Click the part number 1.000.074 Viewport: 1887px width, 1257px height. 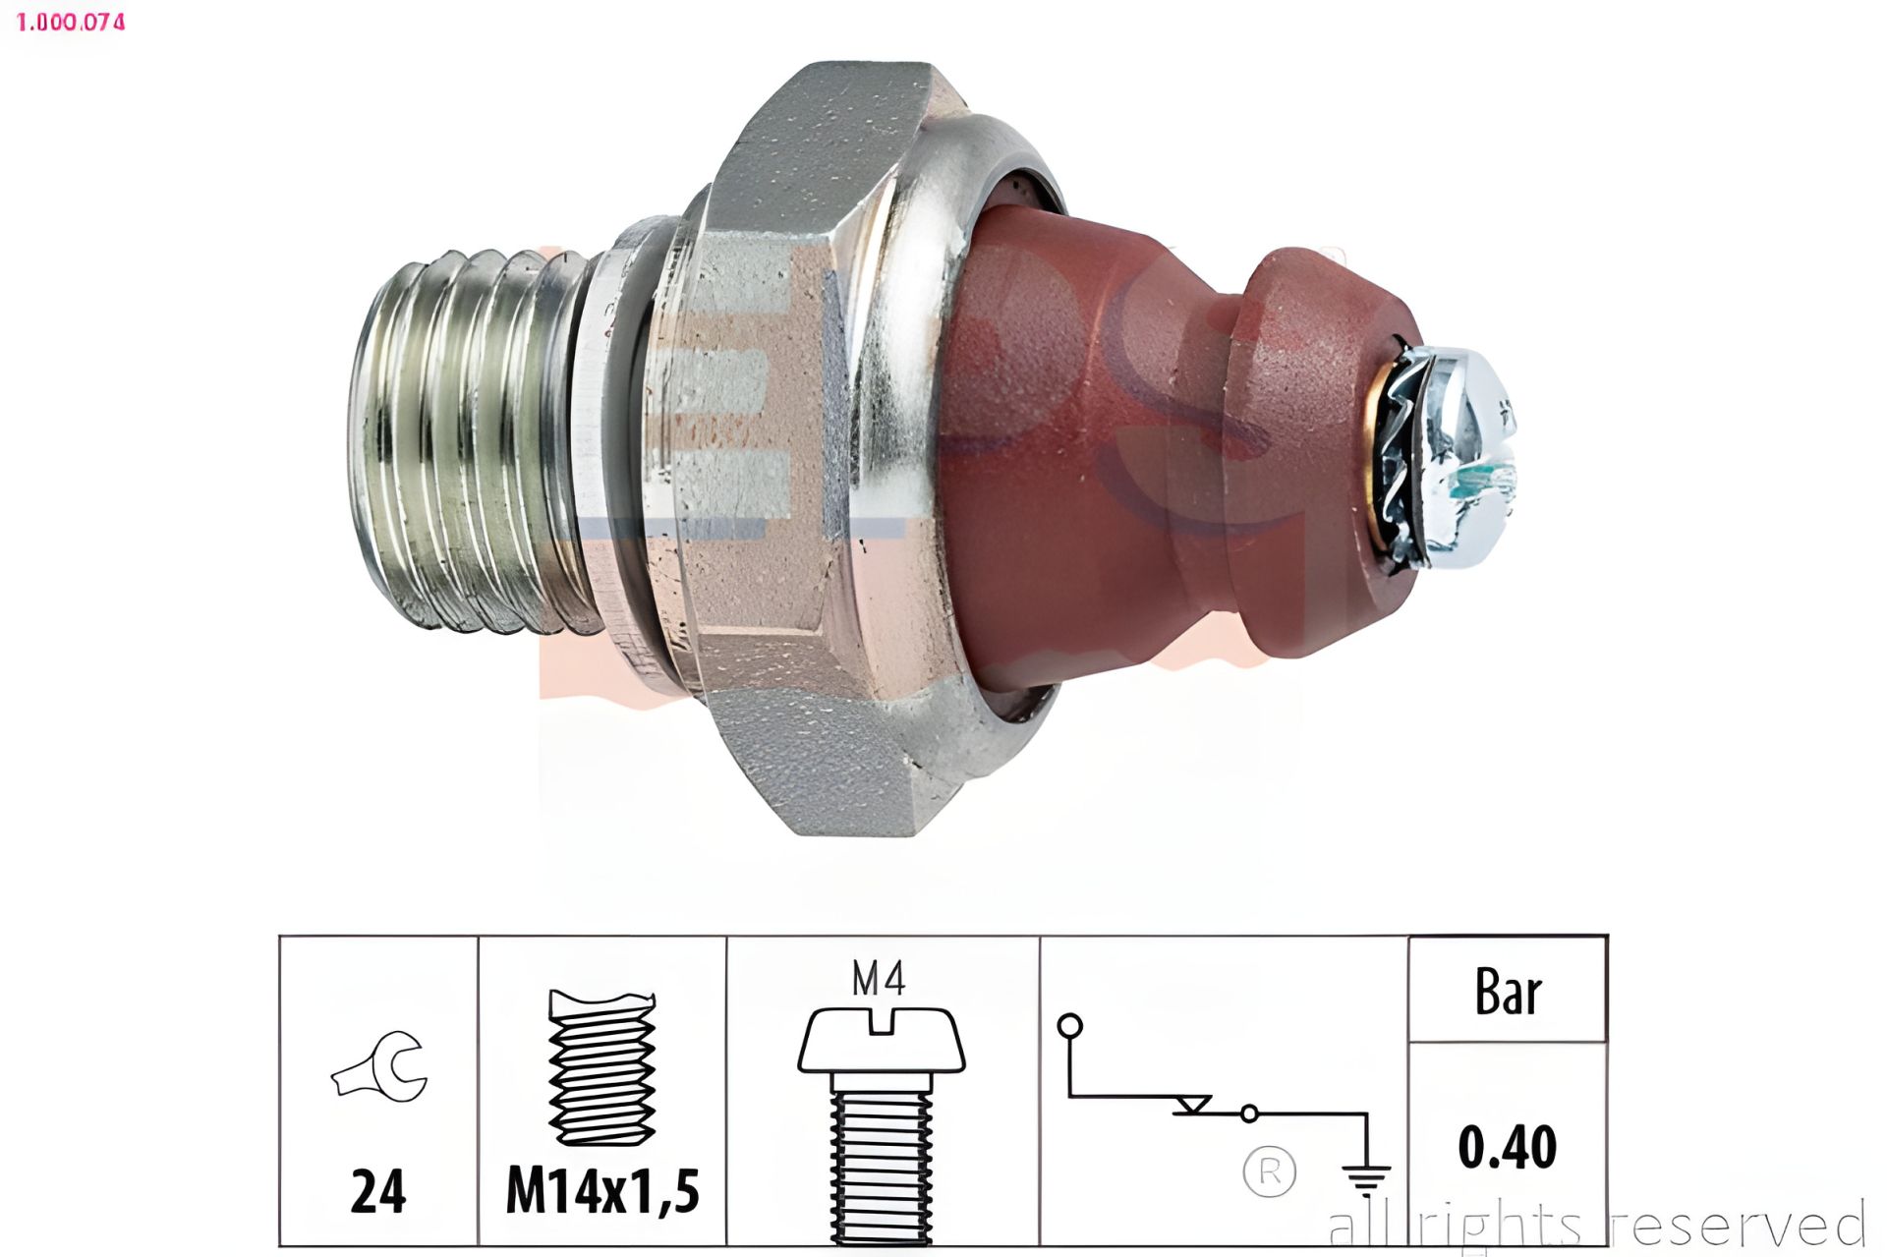(x=71, y=22)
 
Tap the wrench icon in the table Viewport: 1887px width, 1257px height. (x=379, y=1066)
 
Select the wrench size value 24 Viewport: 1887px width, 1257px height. (x=378, y=1191)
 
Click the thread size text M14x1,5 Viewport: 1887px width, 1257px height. (x=601, y=1191)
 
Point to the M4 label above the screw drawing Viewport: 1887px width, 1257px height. (x=878, y=978)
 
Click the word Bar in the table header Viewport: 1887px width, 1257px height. (x=1508, y=992)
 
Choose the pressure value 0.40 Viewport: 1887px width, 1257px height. (x=1507, y=1147)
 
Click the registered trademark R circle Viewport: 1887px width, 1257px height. (x=1270, y=1171)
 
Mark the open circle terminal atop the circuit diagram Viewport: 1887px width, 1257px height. (x=1069, y=1027)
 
